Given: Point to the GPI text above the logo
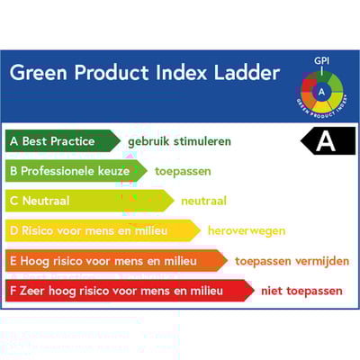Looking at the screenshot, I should pyautogui.click(x=320, y=61).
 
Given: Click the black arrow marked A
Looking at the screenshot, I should pyautogui.click(x=328, y=140).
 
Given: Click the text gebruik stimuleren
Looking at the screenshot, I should pyautogui.click(x=179, y=141).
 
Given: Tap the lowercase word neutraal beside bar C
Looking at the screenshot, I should pyautogui.click(x=203, y=201).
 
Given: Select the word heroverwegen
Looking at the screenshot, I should pyautogui.click(x=246, y=230).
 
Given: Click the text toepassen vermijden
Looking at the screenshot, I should pyautogui.click(x=292, y=261).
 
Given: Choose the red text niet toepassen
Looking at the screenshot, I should pyautogui.click(x=301, y=291).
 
